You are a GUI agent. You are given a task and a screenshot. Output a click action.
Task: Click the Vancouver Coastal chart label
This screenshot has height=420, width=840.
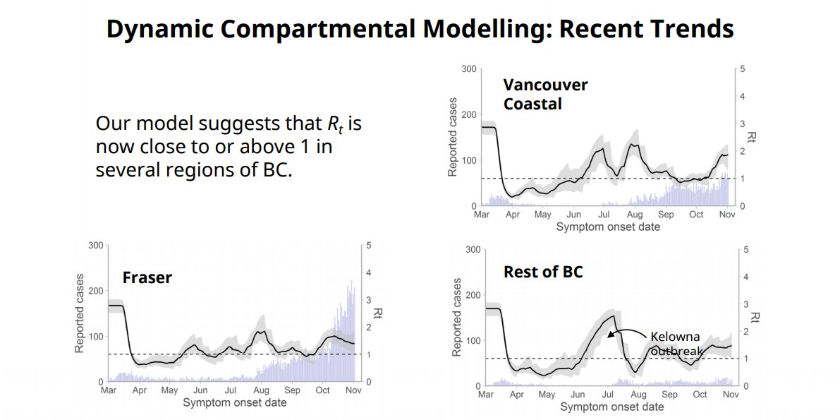click(545, 94)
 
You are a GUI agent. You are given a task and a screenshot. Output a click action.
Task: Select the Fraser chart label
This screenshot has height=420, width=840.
click(147, 277)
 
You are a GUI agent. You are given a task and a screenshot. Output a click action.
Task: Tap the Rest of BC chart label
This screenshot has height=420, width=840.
click(543, 271)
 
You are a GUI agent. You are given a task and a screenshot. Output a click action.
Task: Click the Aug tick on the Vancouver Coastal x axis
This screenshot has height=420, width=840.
click(635, 215)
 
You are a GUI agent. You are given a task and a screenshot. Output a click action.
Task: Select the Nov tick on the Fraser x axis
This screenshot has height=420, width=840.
click(353, 390)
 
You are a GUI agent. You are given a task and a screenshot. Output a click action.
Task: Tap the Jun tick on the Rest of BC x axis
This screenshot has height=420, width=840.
click(579, 395)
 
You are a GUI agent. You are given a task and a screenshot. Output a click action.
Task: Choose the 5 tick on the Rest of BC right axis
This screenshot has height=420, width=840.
click(745, 250)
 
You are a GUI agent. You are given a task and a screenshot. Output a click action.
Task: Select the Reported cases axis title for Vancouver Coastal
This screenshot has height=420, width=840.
click(453, 137)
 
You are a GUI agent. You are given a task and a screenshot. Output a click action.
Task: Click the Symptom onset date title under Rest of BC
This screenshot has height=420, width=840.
click(611, 407)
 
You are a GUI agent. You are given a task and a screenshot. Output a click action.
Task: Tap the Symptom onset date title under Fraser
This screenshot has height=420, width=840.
click(234, 403)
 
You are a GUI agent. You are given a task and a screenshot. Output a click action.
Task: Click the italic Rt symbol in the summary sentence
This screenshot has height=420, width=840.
click(334, 124)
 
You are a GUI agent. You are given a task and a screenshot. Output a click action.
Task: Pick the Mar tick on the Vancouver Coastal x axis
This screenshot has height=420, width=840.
click(482, 215)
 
